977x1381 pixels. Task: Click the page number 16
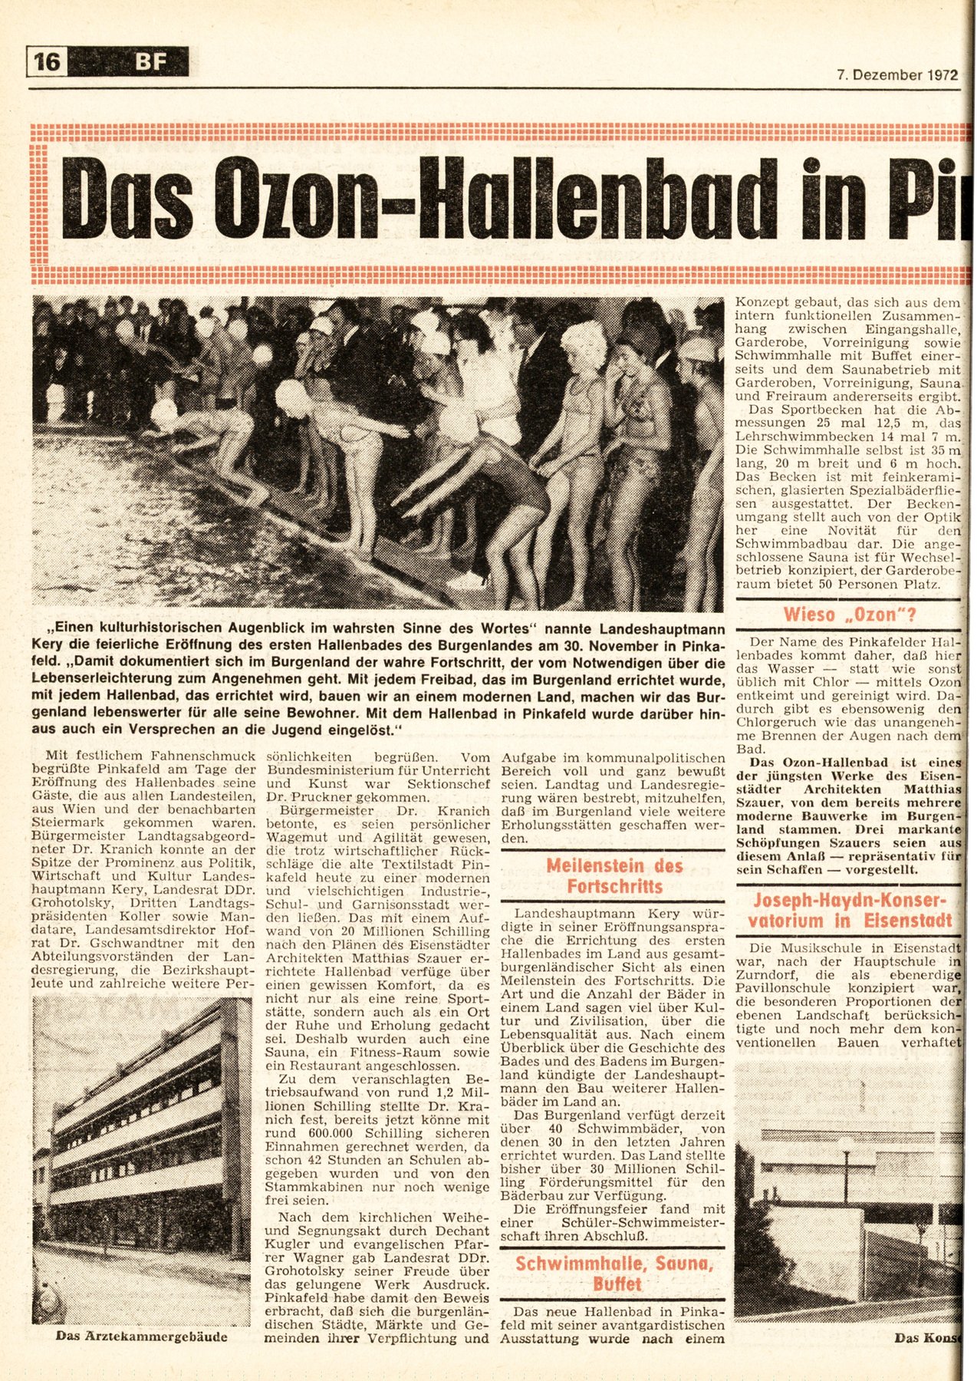pyautogui.click(x=47, y=61)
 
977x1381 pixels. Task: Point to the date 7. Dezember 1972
pyautogui.click(x=896, y=75)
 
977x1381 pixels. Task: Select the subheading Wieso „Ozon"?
pyautogui.click(x=849, y=615)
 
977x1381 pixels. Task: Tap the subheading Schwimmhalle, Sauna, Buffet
pyautogui.click(x=614, y=1274)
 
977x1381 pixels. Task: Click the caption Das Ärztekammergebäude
pyautogui.click(x=142, y=1336)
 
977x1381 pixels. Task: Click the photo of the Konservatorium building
pyautogui.click(x=847, y=1185)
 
